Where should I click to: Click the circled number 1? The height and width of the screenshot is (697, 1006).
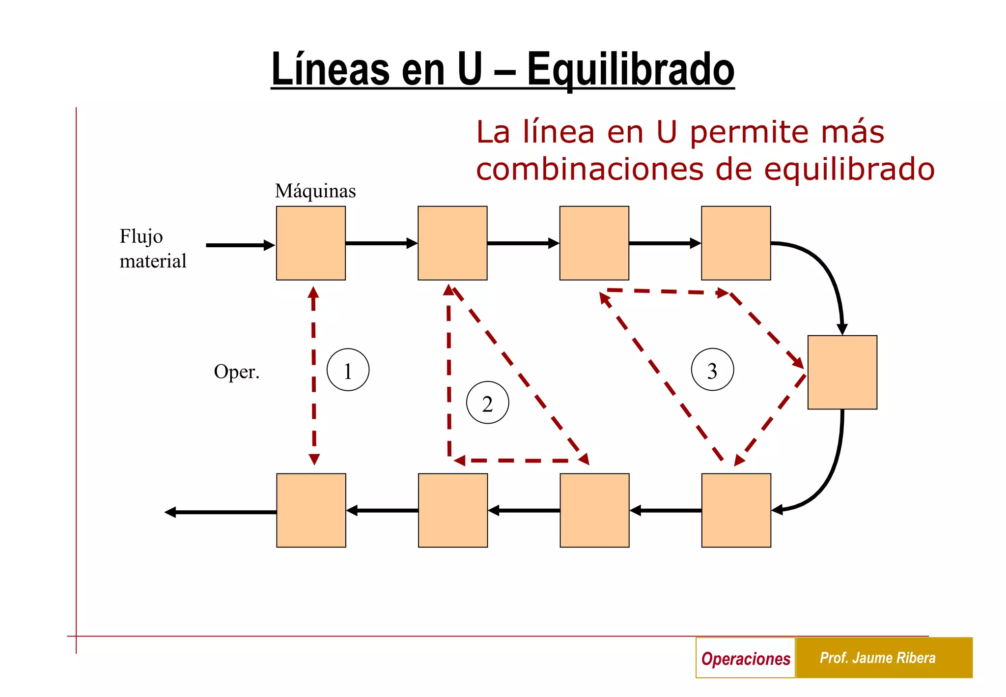point(348,370)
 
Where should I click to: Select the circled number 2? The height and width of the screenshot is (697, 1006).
point(487,403)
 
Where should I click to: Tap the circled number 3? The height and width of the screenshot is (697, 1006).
point(712,370)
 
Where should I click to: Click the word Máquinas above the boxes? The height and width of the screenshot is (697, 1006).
point(315,191)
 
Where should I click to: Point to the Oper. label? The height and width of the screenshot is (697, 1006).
point(236,372)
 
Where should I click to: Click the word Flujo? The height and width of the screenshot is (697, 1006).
point(141,236)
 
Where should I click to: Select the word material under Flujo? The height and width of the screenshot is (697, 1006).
point(153,261)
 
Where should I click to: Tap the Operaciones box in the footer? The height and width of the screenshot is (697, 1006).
point(745,658)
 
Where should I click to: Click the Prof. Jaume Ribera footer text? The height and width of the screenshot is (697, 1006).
point(877,658)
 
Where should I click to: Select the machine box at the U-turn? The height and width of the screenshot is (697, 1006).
point(842,372)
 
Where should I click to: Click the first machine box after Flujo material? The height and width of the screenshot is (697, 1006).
point(310,243)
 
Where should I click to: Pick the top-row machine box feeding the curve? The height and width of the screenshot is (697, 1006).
point(735,243)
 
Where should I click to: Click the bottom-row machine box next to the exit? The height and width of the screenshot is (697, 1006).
point(311,510)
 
